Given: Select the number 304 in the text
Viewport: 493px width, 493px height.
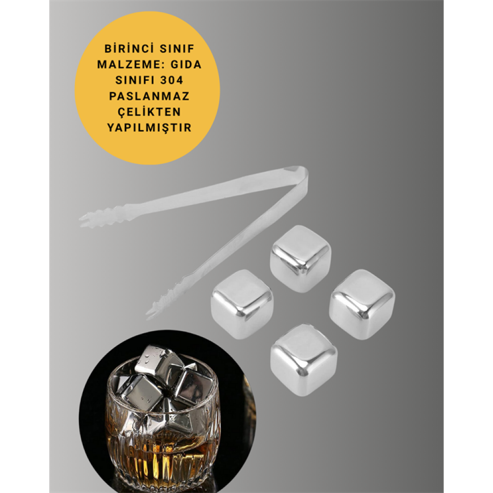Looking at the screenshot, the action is coord(172,80).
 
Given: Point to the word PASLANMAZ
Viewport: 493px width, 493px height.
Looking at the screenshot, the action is coord(149,96).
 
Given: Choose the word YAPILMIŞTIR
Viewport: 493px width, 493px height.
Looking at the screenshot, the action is coord(149,128).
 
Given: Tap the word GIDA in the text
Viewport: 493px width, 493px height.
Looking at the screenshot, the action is coord(186,65).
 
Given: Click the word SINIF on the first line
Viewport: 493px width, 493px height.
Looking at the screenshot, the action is coord(177,49).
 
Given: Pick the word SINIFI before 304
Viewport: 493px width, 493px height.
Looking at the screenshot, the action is coord(135,80).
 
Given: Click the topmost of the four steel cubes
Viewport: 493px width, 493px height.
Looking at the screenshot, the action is coord(300,258).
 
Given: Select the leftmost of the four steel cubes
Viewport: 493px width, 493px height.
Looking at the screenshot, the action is coord(242,304).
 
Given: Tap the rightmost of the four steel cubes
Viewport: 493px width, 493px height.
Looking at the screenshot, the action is coord(362,304).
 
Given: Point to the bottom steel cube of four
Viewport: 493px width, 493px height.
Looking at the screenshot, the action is coord(303,361).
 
